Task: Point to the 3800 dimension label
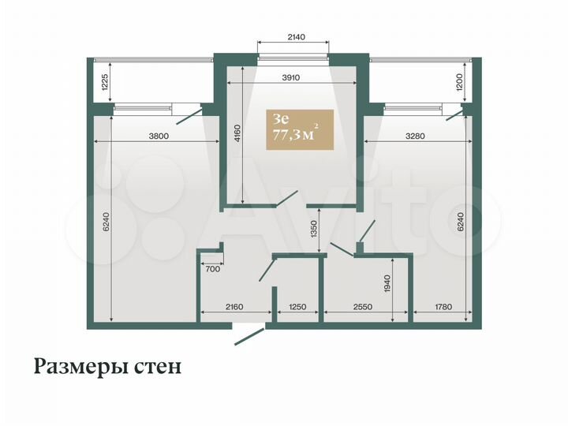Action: point(159,136)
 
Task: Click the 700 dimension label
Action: point(212,270)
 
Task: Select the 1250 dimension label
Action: point(297,307)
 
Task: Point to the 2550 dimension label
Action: point(364,307)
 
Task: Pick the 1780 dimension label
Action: point(444,307)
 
